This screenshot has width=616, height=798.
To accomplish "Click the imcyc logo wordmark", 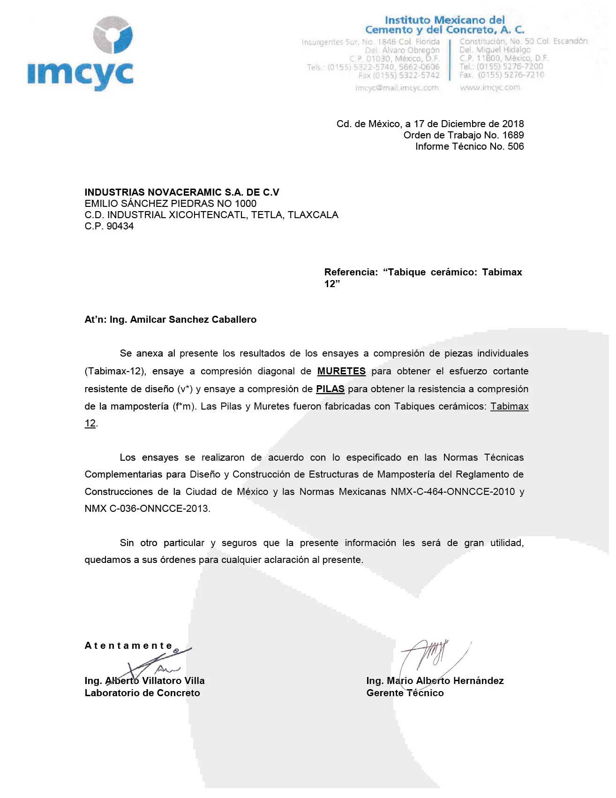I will coord(80,74).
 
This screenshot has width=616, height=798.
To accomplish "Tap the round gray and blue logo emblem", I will coord(113,35).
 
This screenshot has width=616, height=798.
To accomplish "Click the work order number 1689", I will coord(513,135).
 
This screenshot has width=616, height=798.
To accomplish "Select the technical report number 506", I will coord(516,146).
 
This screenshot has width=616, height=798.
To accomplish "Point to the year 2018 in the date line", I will coord(513,124).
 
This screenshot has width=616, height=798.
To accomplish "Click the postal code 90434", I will coord(120,226).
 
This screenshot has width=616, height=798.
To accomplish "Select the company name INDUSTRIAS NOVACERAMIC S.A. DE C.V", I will coord(182,192).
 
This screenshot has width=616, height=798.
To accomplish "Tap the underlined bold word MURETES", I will coord(341,371).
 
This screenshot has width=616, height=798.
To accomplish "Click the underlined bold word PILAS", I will coord(330,389).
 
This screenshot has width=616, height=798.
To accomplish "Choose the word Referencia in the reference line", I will coord(351,272).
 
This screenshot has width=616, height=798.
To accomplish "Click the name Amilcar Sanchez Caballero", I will coord(193,319).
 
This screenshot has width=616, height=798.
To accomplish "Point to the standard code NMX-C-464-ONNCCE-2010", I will coord(453,492).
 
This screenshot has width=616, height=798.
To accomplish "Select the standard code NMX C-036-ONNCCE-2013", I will coord(147,509).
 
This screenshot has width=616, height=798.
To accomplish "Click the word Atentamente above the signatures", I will coord(128,646).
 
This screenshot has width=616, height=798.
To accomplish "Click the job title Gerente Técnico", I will coord(405,693).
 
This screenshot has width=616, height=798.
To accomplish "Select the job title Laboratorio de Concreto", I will coord(142,693).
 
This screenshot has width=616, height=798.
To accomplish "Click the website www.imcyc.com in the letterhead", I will coord(490,87).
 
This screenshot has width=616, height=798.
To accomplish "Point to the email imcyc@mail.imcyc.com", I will coord(397,88).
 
